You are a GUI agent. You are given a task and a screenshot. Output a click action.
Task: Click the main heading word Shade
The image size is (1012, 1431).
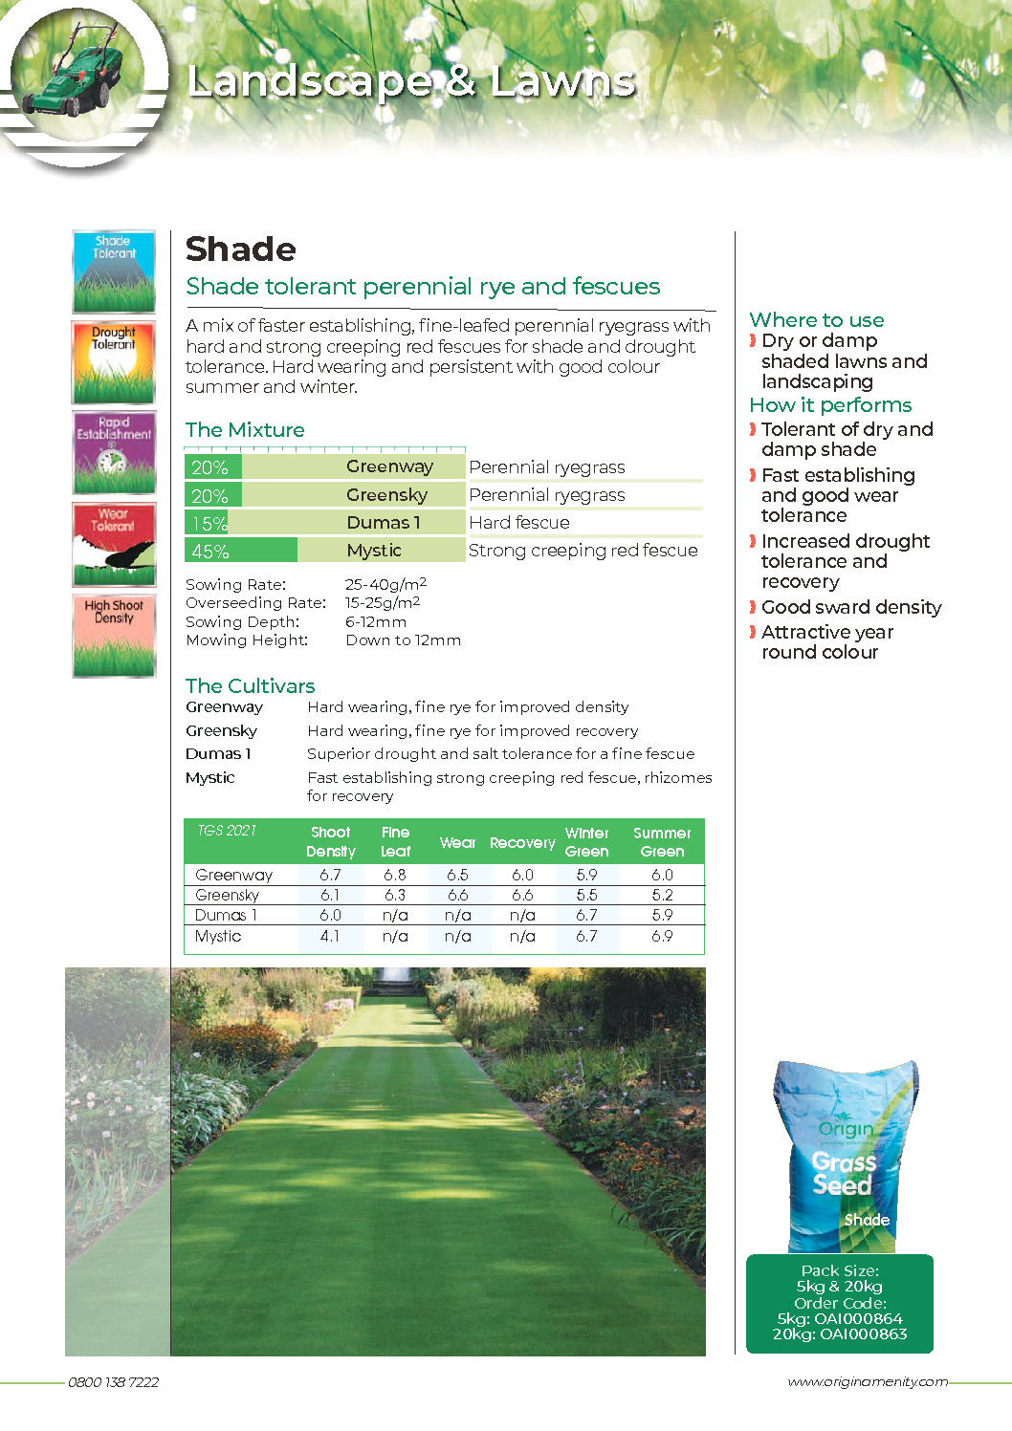point(241,249)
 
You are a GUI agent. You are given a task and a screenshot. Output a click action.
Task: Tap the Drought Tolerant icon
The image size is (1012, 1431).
point(114,362)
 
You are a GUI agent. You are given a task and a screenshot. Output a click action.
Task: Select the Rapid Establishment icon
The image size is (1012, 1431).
point(114,453)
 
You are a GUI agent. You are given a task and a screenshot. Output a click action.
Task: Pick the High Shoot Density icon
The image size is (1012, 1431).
point(114,636)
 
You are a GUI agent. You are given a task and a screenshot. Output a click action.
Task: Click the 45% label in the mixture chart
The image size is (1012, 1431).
point(210,552)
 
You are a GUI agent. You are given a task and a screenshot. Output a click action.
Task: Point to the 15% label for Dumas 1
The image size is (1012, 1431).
point(209,524)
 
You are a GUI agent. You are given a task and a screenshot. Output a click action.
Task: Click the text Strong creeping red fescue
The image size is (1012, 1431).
point(583,551)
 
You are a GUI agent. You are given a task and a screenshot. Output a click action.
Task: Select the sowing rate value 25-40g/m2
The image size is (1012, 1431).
point(385,584)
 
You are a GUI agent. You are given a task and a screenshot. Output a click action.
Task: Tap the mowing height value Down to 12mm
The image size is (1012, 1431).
point(403,640)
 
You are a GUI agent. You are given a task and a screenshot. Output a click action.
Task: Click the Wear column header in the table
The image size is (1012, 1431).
point(457,843)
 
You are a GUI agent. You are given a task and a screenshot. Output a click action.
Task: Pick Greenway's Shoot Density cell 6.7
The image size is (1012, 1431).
point(330,875)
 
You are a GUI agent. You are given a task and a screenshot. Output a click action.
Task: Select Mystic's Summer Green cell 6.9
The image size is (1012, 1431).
point(662,937)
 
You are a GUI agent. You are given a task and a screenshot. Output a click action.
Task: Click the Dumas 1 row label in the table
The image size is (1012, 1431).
point(226,916)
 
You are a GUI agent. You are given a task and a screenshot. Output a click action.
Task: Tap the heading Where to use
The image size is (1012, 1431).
point(816,320)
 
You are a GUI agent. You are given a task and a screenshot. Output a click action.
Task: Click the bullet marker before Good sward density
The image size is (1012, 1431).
point(753,607)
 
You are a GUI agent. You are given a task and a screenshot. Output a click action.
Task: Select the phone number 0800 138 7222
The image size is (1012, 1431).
point(113,1382)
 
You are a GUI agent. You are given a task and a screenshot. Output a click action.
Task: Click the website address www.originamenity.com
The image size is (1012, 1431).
point(867,1382)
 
